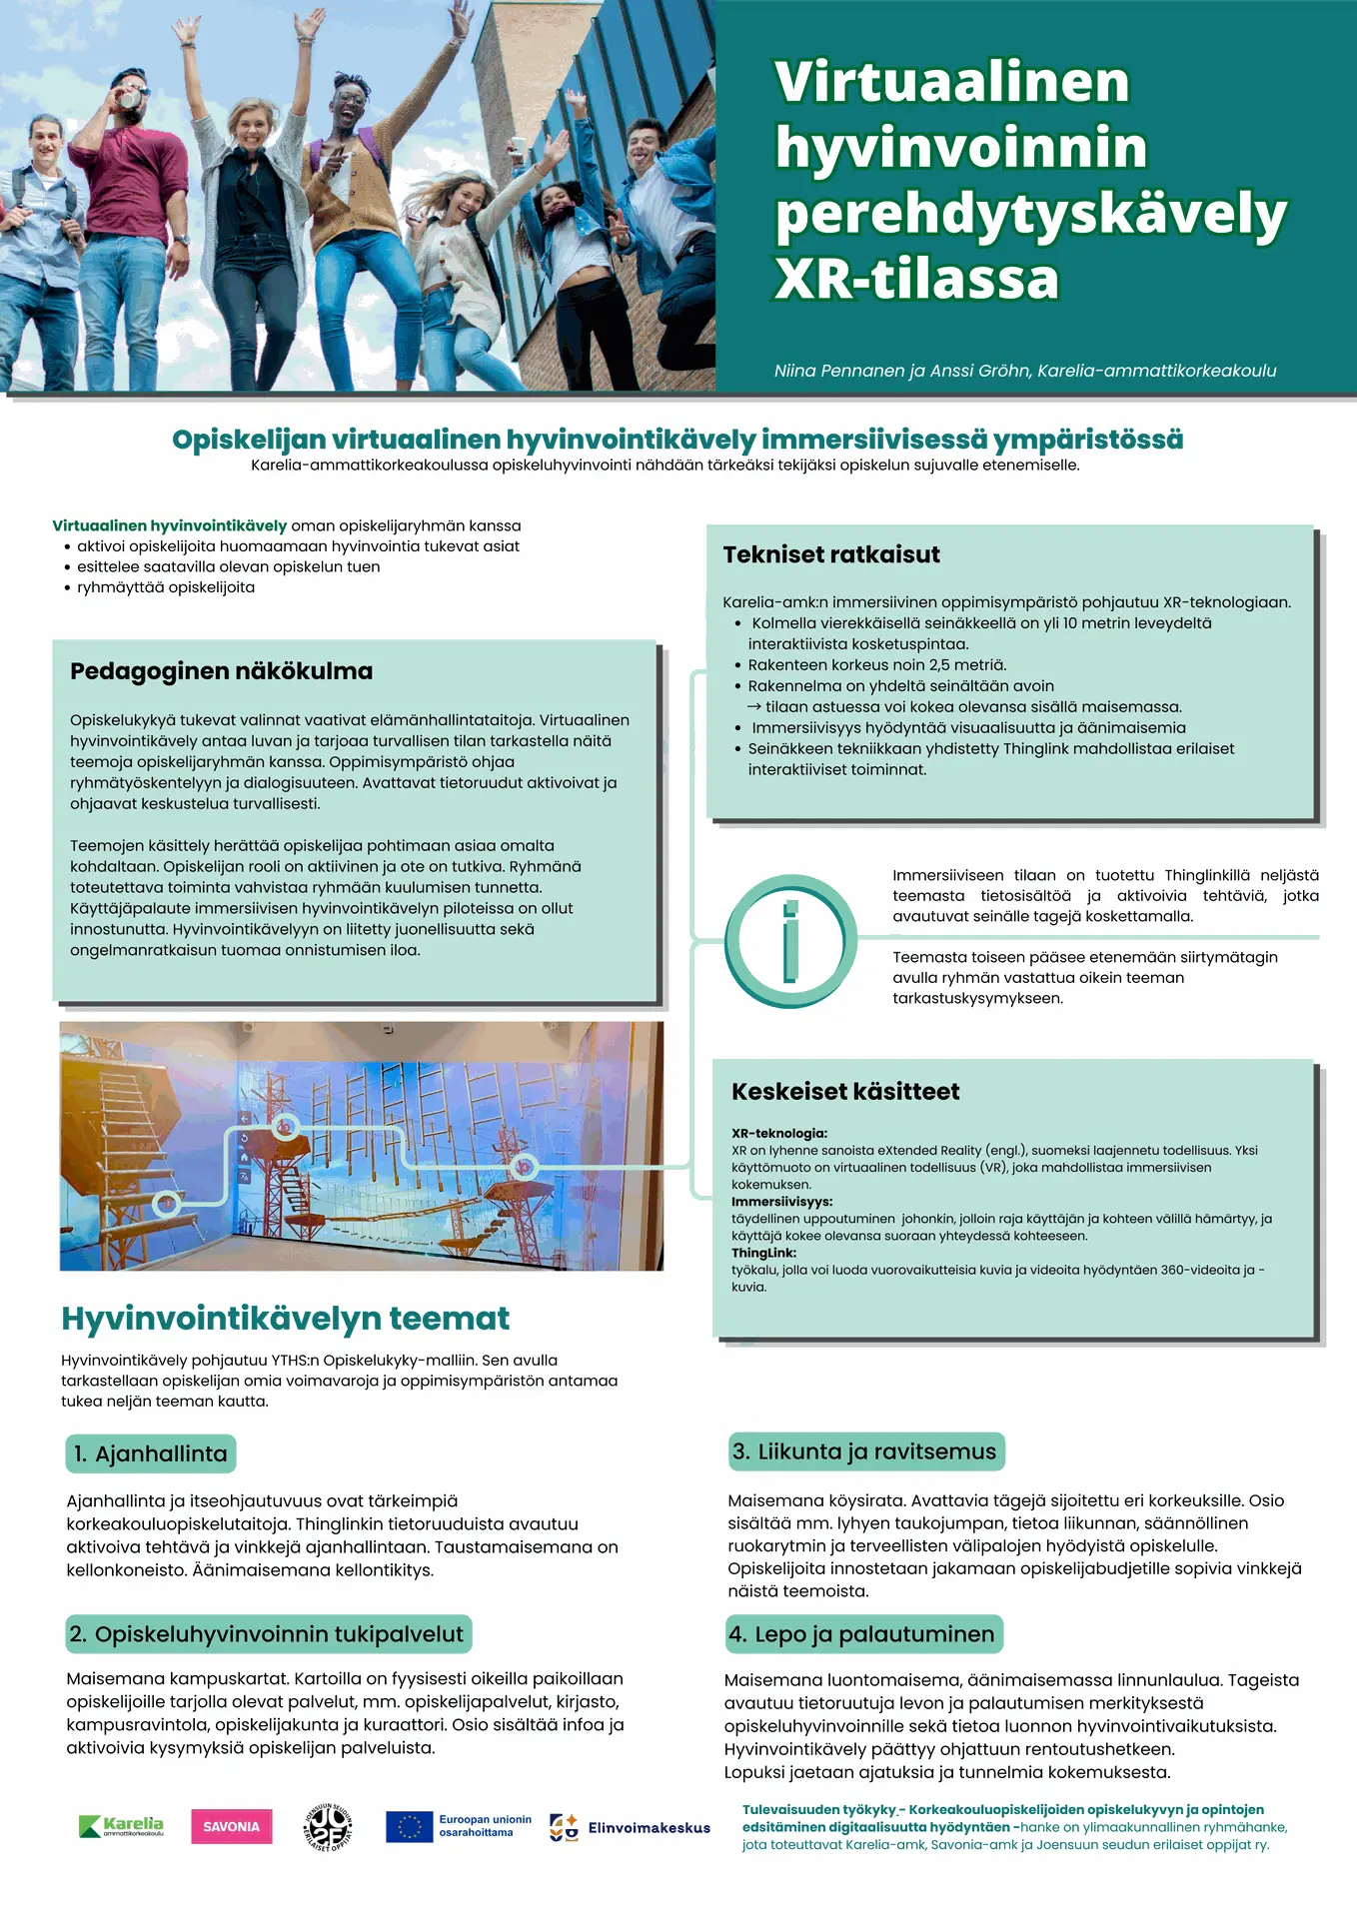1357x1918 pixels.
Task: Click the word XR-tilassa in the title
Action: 916,279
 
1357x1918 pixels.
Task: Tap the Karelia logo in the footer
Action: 121,1826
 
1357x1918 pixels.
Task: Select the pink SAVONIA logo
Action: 231,1826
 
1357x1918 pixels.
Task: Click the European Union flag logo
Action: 409,1826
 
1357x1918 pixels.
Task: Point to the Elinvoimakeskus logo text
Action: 649,1828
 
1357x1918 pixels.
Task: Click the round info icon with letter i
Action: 790,940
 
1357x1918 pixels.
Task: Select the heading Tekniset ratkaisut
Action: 831,554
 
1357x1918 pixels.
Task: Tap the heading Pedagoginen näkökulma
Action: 221,671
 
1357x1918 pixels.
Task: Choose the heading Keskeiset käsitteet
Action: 845,1091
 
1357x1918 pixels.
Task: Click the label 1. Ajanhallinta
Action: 151,1453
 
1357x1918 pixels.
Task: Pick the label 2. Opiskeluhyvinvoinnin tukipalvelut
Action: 268,1634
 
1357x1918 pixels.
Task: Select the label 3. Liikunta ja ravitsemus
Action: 865,1451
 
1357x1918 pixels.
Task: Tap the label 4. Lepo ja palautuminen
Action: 863,1634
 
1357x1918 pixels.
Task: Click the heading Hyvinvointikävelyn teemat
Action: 285,1319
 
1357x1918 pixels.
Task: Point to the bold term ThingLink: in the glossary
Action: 763,1253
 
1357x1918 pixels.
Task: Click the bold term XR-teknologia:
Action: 779,1133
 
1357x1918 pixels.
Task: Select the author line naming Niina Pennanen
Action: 1024,371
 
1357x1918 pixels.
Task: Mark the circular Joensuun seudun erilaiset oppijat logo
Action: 328,1827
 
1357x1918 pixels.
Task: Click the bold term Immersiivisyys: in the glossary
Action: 781,1202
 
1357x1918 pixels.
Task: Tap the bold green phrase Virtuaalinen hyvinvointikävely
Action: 170,525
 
